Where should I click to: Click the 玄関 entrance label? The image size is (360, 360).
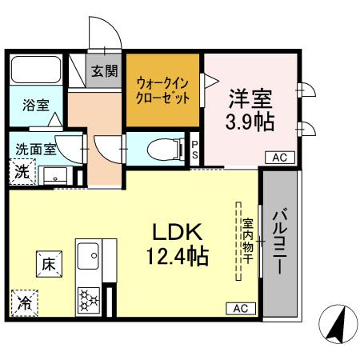(x=103, y=71)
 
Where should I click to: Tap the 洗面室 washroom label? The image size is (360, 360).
(x=32, y=148)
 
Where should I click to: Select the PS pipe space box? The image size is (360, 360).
(x=195, y=148)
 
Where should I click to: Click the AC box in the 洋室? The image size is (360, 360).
(x=279, y=158)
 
